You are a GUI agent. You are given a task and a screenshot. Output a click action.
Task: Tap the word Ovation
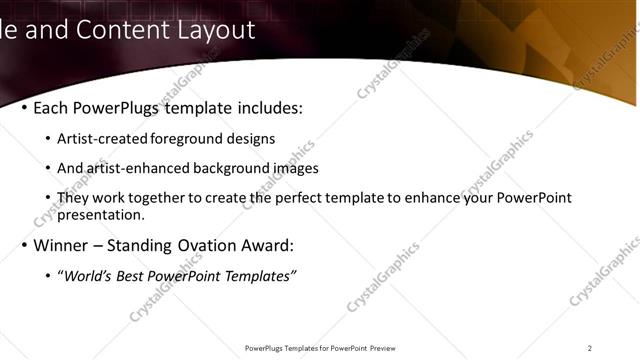point(223,245)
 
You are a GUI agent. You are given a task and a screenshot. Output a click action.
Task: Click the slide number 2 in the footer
point(589,348)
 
